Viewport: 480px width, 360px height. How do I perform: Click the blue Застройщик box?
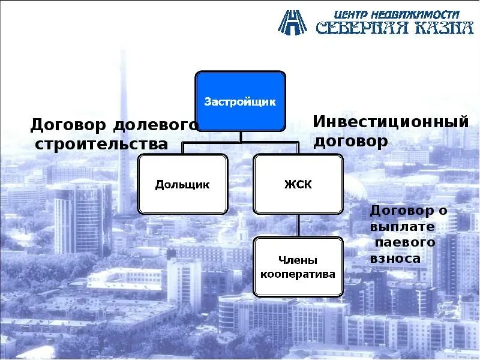point(240,101)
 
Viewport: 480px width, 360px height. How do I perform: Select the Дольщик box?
point(182,184)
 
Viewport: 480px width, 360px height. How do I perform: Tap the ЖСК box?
point(298,184)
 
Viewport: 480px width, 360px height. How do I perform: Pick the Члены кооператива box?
point(298,266)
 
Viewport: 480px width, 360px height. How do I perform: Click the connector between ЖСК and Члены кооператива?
point(298,225)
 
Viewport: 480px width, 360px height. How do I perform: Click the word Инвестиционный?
point(390,121)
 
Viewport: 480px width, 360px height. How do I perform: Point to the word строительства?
point(101,144)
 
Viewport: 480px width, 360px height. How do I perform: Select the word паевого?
point(405,243)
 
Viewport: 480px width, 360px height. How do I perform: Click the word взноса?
point(395,259)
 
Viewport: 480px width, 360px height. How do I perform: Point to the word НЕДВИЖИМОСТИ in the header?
point(413,13)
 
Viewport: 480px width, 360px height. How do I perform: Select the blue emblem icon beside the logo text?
point(292,22)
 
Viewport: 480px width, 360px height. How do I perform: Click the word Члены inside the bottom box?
point(298,260)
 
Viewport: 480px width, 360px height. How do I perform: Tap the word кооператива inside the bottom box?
point(298,274)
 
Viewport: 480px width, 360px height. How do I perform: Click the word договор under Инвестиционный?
point(351,141)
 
